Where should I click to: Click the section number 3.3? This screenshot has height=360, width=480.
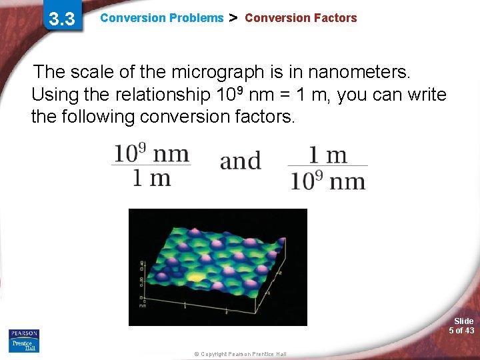61,19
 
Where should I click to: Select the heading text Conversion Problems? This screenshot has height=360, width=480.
161,18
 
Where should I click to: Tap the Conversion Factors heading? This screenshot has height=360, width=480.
301,18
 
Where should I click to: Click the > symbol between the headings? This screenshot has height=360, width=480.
233,18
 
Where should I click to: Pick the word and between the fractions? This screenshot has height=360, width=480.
240,161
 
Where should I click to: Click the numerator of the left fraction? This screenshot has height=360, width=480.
151,153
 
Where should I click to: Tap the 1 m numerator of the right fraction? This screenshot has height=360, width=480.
327,155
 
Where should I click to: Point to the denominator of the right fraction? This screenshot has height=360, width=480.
327,180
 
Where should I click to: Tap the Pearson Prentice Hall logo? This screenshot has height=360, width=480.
24,340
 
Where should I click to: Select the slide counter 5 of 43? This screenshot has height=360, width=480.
461,330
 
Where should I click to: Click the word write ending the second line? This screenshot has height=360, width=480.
425,95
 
